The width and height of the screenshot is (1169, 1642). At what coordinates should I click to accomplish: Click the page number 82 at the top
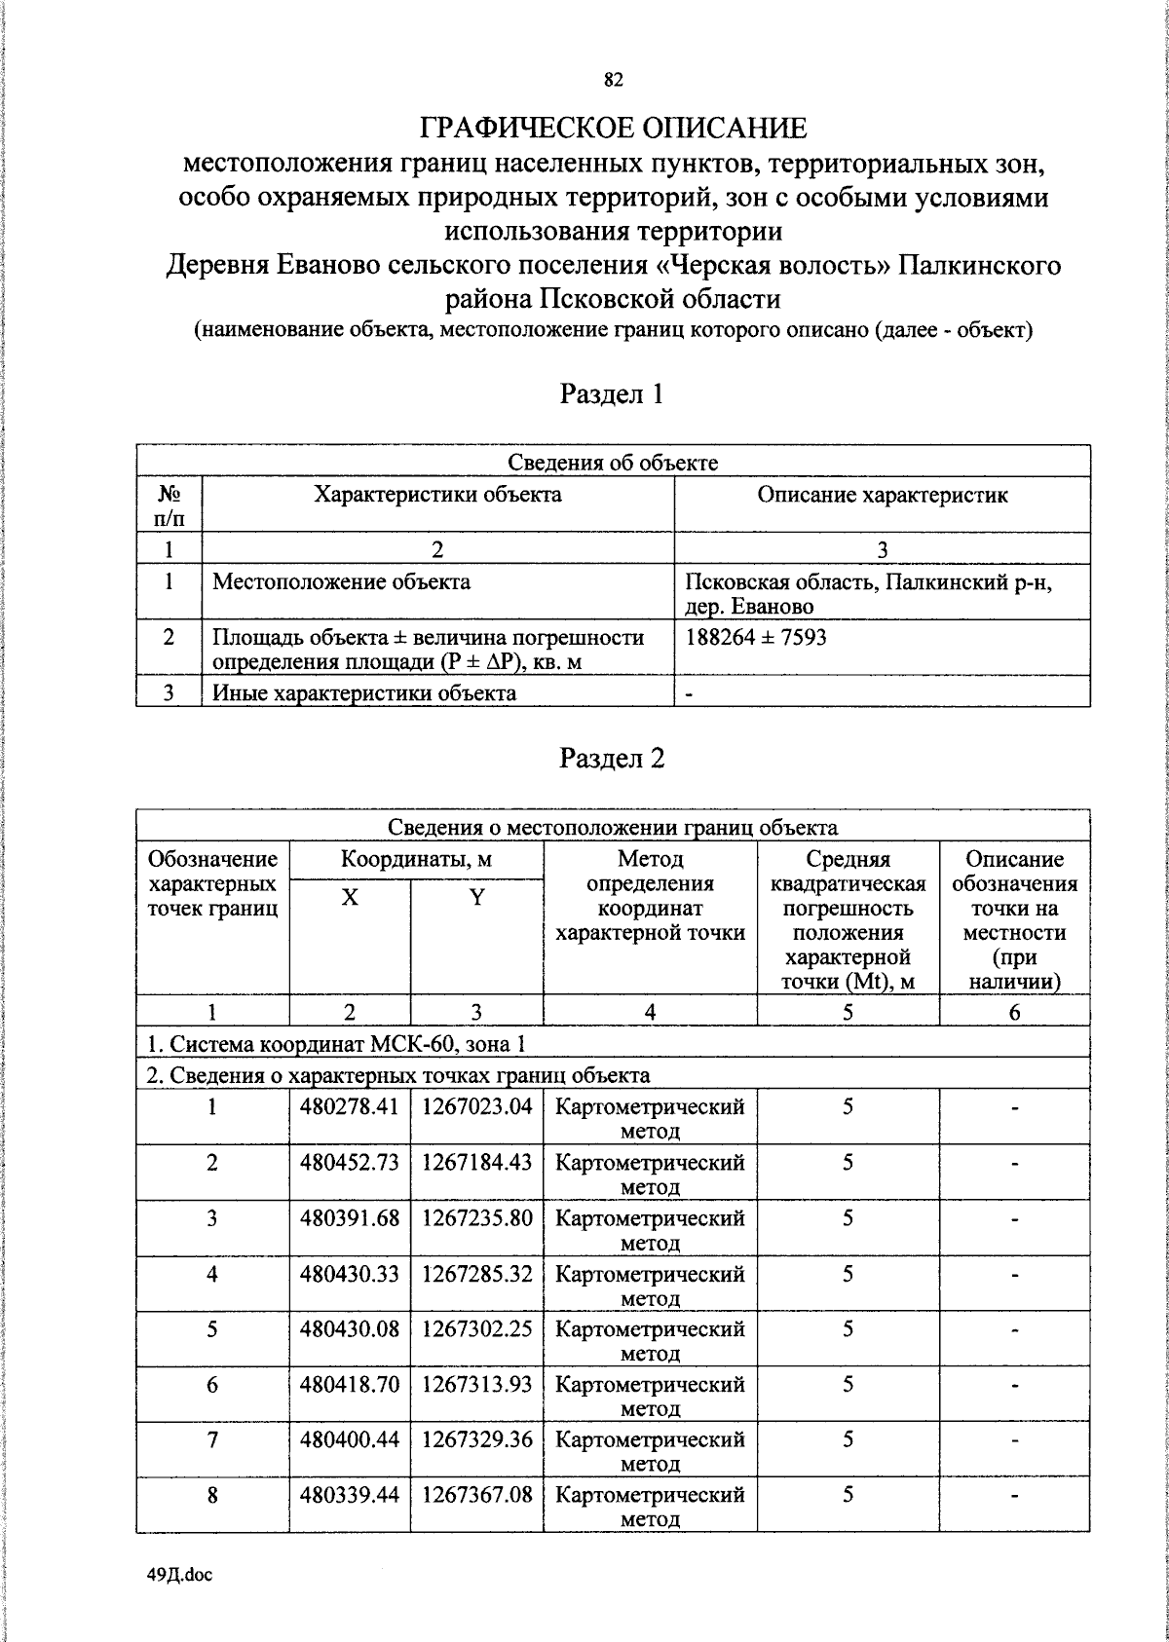pyautogui.click(x=613, y=81)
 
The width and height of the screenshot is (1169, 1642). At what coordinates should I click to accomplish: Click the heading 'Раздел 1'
pyautogui.click(x=612, y=393)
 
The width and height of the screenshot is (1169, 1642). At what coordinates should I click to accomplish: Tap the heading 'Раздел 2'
pyautogui.click(x=612, y=758)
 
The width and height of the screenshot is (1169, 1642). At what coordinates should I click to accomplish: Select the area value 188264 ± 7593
pyautogui.click(x=756, y=638)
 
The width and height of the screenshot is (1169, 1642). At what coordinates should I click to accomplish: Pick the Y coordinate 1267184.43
pyautogui.click(x=477, y=1162)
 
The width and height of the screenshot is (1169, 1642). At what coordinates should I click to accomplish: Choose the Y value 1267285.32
pyautogui.click(x=477, y=1273)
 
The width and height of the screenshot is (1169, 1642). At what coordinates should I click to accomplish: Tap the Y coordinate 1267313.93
pyautogui.click(x=477, y=1384)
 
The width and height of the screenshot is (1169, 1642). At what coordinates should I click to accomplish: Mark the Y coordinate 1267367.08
pyautogui.click(x=477, y=1494)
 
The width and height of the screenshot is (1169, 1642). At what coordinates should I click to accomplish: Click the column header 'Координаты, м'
pyautogui.click(x=416, y=860)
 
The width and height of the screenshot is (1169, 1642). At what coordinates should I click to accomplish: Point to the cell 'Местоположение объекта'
pyautogui.click(x=341, y=582)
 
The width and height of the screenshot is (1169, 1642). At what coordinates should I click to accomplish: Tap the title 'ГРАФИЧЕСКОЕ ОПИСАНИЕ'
pyautogui.click(x=613, y=129)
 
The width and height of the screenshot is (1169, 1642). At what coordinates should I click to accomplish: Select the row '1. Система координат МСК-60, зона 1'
pyautogui.click(x=336, y=1044)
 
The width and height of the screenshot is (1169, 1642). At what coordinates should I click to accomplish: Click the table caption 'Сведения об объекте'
pyautogui.click(x=613, y=463)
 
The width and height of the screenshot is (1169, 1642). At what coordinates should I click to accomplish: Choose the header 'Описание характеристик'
pyautogui.click(x=882, y=495)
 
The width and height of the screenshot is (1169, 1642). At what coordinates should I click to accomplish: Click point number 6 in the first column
pyautogui.click(x=212, y=1384)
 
